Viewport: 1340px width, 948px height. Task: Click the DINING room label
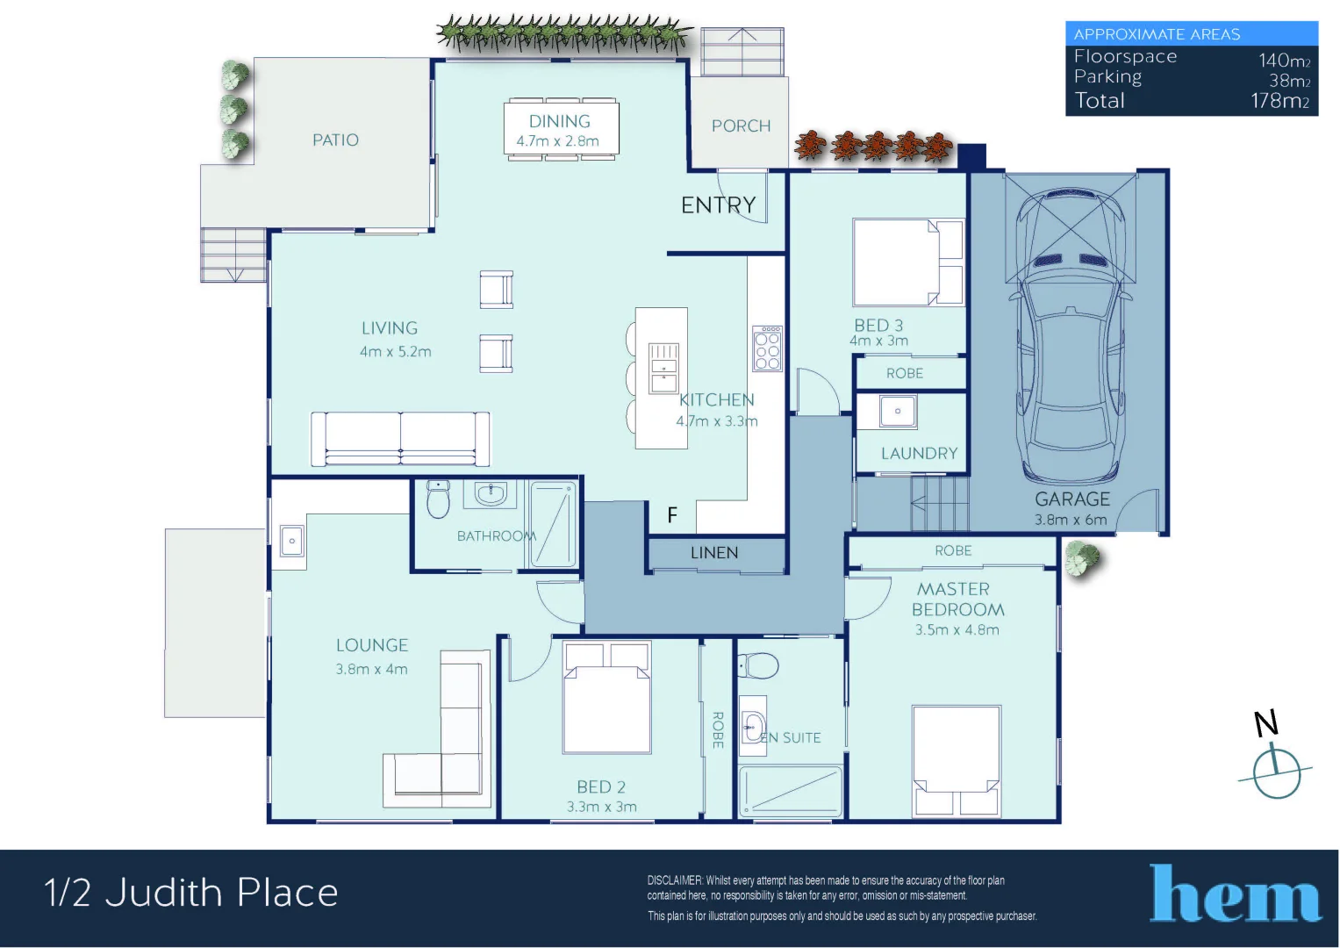(x=559, y=121)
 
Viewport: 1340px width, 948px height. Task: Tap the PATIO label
(x=335, y=140)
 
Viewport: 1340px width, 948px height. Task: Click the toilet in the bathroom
(x=437, y=499)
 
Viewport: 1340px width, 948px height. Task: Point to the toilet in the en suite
(x=758, y=666)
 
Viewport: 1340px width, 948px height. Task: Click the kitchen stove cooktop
(x=767, y=348)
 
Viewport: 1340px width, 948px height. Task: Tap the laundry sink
(x=897, y=411)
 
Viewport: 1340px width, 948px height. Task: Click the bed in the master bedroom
(x=956, y=760)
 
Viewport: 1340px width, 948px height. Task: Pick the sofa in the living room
(x=400, y=438)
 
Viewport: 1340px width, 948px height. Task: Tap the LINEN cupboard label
(x=714, y=553)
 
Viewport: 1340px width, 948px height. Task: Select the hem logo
(x=1235, y=894)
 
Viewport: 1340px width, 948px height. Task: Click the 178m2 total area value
(x=1279, y=101)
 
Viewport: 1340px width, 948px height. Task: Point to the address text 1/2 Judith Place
(x=191, y=893)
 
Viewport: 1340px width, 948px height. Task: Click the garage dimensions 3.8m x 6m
(x=1071, y=520)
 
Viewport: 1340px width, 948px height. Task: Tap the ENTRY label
(x=718, y=205)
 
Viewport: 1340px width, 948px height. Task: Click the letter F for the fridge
(x=672, y=515)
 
